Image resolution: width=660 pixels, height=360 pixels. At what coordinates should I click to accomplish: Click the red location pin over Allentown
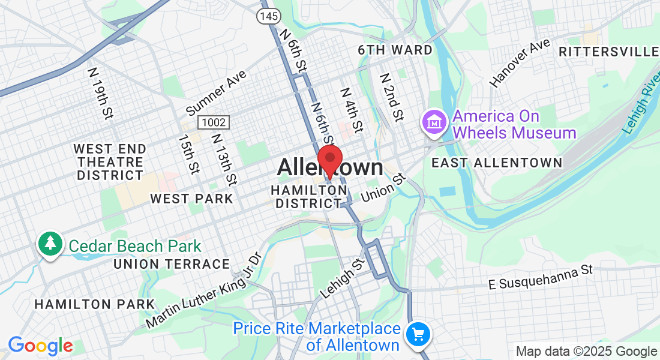(x=329, y=160)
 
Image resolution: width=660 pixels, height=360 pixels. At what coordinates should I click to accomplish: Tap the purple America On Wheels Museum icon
(x=433, y=123)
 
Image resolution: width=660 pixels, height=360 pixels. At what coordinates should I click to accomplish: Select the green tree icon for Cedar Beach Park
(x=50, y=244)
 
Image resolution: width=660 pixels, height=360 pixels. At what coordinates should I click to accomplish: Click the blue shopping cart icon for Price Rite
(x=418, y=335)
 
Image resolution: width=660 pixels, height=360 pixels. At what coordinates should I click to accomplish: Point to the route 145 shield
(x=268, y=16)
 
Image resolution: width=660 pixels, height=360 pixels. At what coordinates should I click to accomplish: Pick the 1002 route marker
(x=214, y=122)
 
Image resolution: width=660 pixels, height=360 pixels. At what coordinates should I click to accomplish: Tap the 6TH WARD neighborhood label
(x=395, y=50)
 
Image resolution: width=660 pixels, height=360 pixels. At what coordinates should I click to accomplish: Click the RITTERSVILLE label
(x=608, y=52)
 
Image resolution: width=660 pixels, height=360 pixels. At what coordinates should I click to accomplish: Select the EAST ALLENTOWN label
(x=497, y=163)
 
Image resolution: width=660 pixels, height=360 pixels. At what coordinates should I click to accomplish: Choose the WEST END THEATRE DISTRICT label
(x=110, y=162)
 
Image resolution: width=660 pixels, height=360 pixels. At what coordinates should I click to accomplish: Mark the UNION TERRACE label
(x=172, y=264)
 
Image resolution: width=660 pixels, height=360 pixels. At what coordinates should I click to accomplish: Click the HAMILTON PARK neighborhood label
(x=95, y=304)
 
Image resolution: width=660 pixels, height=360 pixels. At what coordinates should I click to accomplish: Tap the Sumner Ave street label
(x=216, y=92)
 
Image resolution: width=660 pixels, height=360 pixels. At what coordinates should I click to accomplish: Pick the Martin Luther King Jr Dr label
(x=204, y=290)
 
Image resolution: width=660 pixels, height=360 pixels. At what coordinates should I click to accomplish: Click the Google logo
(x=40, y=346)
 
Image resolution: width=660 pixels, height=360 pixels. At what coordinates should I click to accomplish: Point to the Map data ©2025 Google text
(x=586, y=352)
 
